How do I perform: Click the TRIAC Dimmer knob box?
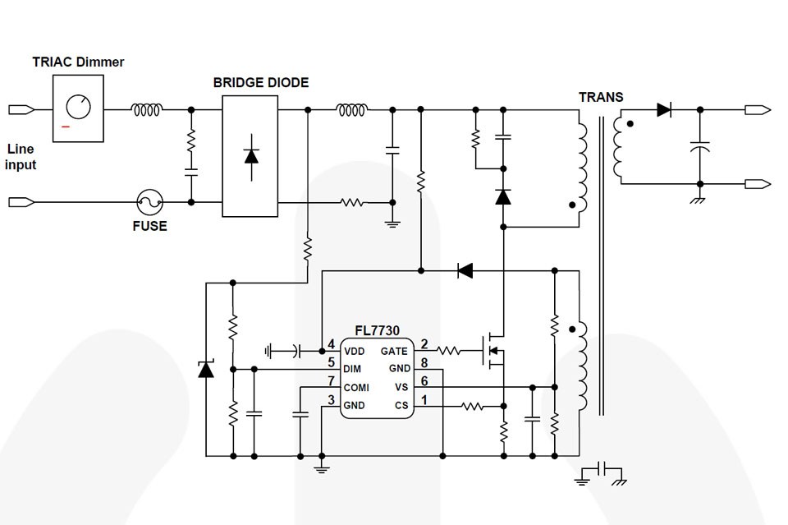[79, 108]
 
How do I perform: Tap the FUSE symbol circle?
[149, 201]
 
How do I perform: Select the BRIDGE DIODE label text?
[261, 82]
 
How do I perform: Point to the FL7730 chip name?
[378, 330]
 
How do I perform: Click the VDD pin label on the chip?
[355, 351]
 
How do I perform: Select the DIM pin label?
[353, 369]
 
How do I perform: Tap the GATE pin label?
[394, 351]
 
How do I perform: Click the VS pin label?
[401, 387]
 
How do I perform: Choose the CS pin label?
[401, 405]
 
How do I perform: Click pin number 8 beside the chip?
[424, 362]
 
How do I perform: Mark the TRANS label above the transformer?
[601, 97]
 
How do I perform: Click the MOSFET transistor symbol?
[492, 350]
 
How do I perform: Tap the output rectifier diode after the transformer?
[664, 108]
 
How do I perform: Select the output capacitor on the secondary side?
[700, 148]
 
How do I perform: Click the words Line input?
[21, 157]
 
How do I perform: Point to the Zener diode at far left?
[206, 370]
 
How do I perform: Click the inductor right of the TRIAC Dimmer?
[148, 108]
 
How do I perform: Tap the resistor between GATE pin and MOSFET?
[448, 351]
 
